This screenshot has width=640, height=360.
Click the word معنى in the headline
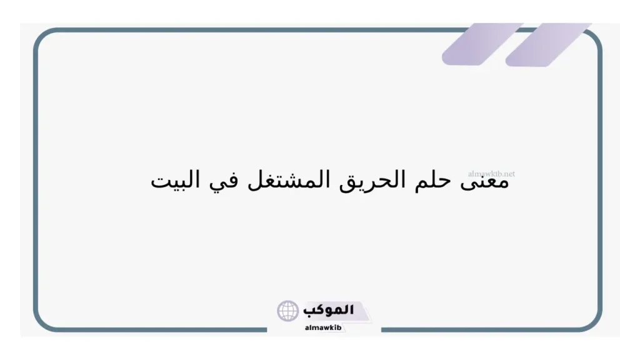pyautogui.click(x=488, y=181)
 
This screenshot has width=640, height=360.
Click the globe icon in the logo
pyautogui.click(x=288, y=311)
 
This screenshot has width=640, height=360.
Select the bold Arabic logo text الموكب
pyautogui.click(x=329, y=310)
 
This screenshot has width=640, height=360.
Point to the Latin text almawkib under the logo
pyautogui.click(x=322, y=327)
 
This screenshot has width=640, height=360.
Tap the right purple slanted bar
pyautogui.click(x=548, y=44)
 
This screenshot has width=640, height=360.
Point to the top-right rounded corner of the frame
pyautogui.click(x=594, y=39)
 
